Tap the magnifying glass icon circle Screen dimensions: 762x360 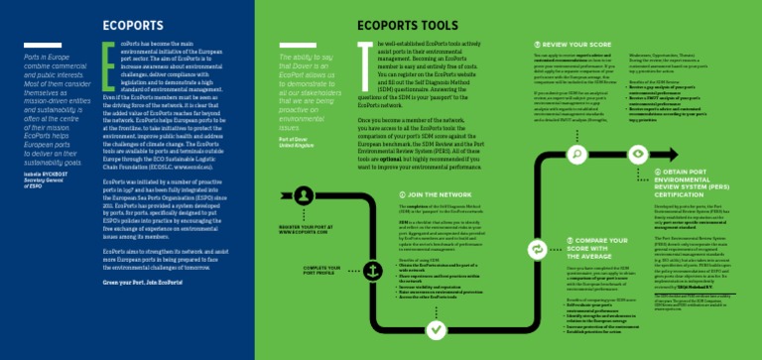point(578,154)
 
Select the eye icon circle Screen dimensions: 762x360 point(637,155)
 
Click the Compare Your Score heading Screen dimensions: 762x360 point(595,244)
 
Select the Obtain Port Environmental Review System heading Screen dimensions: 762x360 point(696,183)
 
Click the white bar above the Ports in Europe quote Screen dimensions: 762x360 point(34,46)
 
